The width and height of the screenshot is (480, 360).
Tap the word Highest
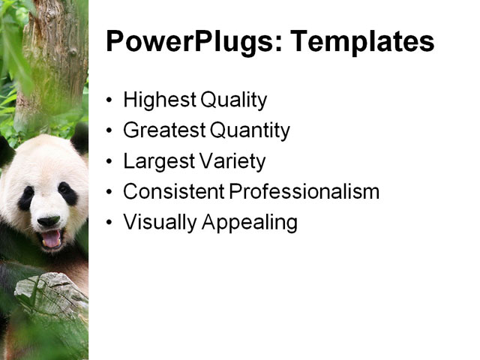tap(156, 100)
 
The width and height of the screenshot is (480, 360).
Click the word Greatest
tap(163, 130)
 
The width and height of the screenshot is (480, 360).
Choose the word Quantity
tap(250, 130)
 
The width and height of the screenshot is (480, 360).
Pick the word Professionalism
tap(304, 192)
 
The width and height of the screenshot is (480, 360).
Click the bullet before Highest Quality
tap(111, 100)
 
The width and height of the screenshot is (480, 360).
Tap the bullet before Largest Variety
tap(111, 162)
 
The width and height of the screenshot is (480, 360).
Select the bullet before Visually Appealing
tap(111, 223)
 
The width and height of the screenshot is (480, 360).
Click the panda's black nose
tap(48, 220)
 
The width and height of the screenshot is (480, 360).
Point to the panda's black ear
tap(79, 139)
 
